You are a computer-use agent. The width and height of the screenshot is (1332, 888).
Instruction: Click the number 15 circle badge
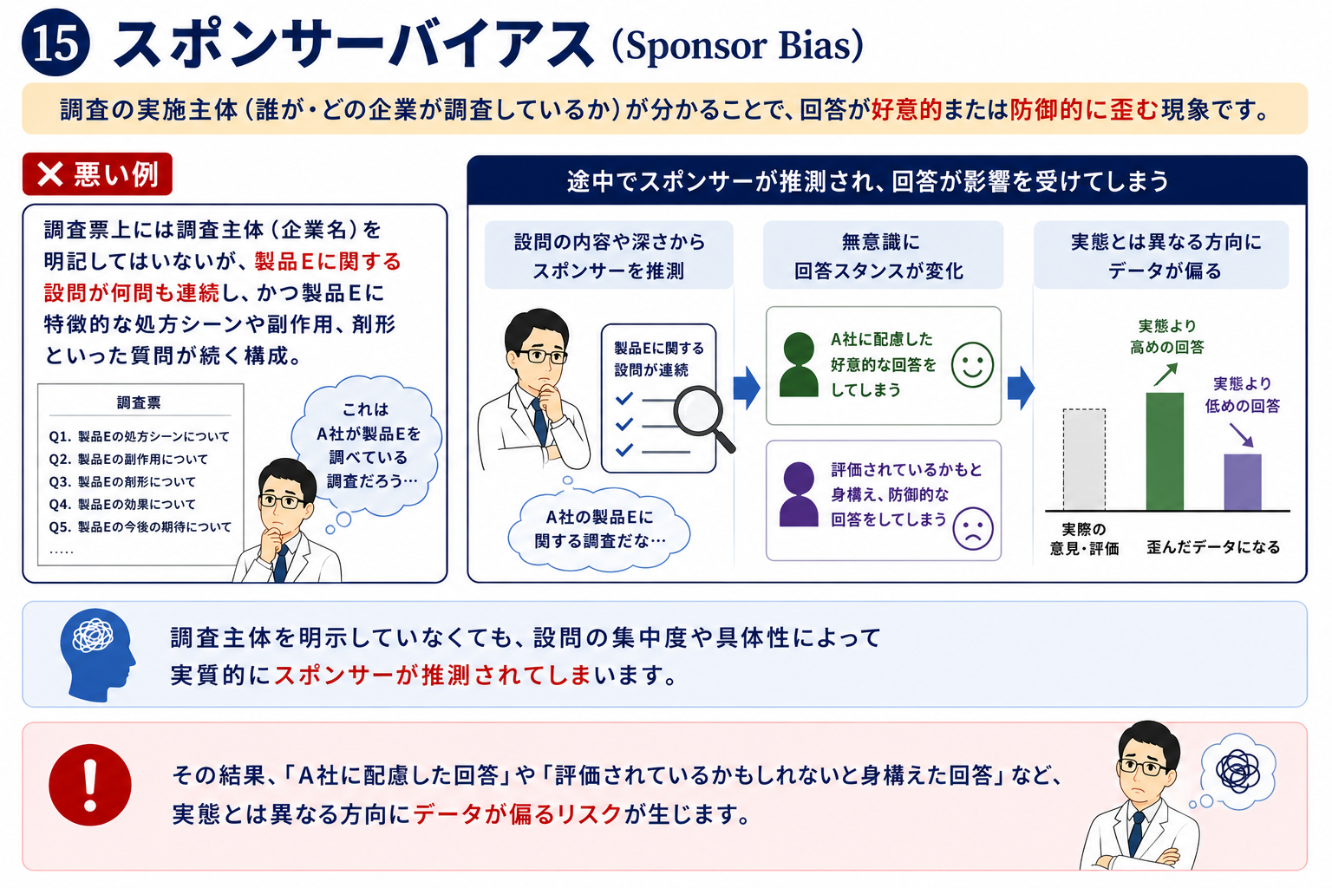[x=55, y=42]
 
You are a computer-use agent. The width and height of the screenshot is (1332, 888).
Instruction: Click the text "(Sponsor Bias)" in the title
[x=737, y=45]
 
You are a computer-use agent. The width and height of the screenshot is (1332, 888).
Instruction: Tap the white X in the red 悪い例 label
[x=50, y=174]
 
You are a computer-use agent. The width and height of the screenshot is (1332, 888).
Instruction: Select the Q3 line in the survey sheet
[x=122, y=482]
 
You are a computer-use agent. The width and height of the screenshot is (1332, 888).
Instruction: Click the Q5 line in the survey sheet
[x=140, y=527]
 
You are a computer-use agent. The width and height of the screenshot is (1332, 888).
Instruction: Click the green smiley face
[x=972, y=364]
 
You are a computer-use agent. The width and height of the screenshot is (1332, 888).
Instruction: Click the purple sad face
[x=973, y=528]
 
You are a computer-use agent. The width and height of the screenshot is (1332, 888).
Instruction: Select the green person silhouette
[x=799, y=364]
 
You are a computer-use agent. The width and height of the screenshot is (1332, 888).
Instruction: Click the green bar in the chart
[x=1165, y=451]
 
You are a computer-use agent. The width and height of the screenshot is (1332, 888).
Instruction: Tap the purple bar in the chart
[x=1242, y=482]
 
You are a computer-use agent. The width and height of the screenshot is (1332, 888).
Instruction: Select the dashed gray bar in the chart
[x=1084, y=459]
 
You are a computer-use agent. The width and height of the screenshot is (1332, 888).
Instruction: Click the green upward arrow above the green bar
[x=1165, y=375]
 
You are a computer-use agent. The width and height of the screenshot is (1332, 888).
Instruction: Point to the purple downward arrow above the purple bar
[x=1242, y=434]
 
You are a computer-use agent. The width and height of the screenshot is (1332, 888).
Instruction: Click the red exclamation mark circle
[x=90, y=785]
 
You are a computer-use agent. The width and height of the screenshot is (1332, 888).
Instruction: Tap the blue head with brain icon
[x=97, y=654]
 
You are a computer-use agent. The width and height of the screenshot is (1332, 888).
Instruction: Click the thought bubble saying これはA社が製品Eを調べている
[x=366, y=446]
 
